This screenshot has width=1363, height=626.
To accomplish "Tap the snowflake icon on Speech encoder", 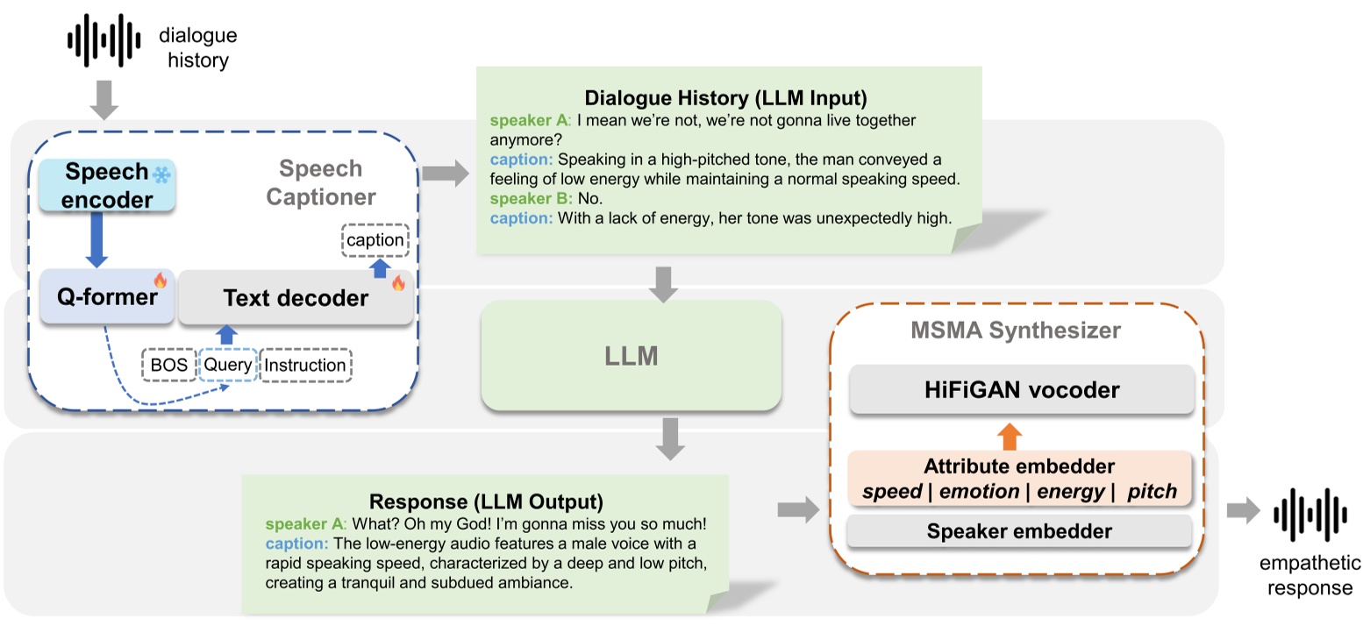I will [x=161, y=174].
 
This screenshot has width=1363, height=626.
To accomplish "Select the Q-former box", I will [x=106, y=297].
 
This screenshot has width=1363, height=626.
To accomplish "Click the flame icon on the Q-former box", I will [x=161, y=281].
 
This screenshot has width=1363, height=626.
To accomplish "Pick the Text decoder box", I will [x=296, y=298].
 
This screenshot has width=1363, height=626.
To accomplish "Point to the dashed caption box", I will [x=375, y=240].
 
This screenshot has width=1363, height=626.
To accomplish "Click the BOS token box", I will [x=168, y=365].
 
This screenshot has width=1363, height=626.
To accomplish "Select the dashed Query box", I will [x=228, y=365].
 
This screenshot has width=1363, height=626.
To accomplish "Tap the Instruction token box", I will [x=305, y=365].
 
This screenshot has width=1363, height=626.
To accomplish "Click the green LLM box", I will [x=631, y=356].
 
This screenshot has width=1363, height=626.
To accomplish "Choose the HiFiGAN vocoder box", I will [x=1021, y=390].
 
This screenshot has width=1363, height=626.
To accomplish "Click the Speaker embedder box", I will [x=1018, y=531].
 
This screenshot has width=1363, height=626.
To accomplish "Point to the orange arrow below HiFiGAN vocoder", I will [x=1010, y=434].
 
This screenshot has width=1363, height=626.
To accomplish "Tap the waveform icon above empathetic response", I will [x=1310, y=512].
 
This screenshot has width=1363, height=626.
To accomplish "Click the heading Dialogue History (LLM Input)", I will [x=725, y=97].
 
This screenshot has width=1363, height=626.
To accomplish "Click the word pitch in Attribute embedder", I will [x=1151, y=491].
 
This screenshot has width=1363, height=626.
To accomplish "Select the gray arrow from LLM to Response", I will [x=671, y=438].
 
